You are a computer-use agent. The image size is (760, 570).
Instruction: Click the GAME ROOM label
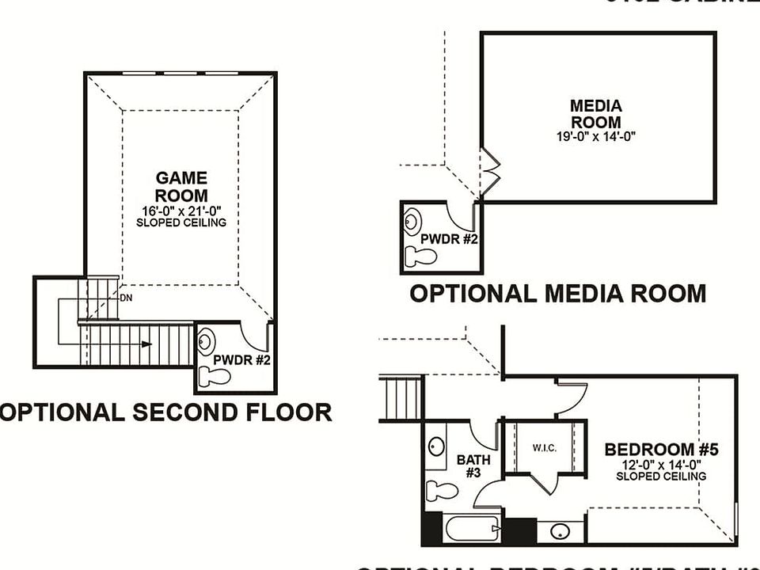pos(181,187)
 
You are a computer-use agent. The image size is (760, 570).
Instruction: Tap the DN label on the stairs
pos(126,298)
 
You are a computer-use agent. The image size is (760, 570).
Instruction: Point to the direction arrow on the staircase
pos(144,344)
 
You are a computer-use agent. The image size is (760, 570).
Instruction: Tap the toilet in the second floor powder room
pos(214,376)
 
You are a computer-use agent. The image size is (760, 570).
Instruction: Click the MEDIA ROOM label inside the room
pos(596,114)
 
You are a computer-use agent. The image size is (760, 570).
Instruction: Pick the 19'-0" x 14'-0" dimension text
pos(596,136)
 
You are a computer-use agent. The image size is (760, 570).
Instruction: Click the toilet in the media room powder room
pos(420,256)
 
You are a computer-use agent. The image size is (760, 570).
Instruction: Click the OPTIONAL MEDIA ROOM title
pos(557,293)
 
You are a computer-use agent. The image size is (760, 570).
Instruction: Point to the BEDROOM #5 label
pos(661,450)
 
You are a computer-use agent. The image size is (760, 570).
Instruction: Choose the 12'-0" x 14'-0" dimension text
pos(661,465)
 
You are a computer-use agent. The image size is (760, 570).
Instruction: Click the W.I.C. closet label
pos(544,448)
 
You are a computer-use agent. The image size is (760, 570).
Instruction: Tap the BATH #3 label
pos(473,465)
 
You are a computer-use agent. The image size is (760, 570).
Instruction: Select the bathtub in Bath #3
pos(462,527)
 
